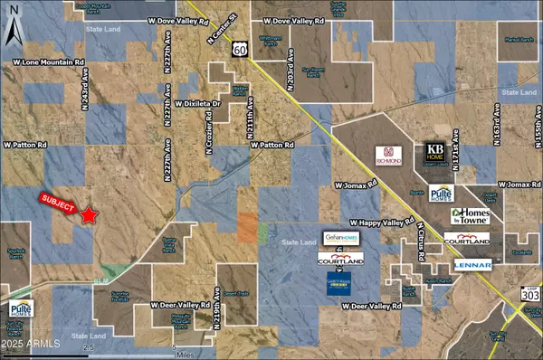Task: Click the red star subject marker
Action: (x=89, y=215)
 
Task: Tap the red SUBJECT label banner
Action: (x=60, y=203)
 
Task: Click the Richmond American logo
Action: (x=389, y=156)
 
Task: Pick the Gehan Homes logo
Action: (x=342, y=238)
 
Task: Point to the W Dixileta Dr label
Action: (x=193, y=104)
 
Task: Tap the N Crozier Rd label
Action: (x=207, y=136)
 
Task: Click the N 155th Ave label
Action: (x=537, y=127)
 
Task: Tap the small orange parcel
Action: (x=247, y=226)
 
